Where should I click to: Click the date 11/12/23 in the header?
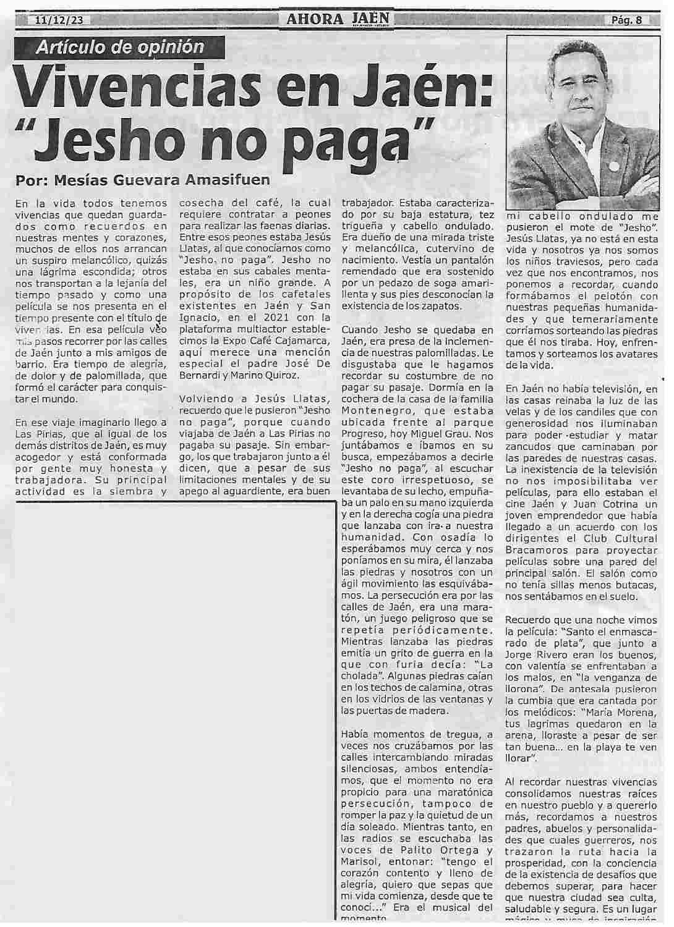pos(59,20)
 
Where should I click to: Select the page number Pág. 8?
pos(626,20)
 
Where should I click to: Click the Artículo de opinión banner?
pos(120,46)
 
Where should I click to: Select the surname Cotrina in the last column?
pos(617,505)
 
